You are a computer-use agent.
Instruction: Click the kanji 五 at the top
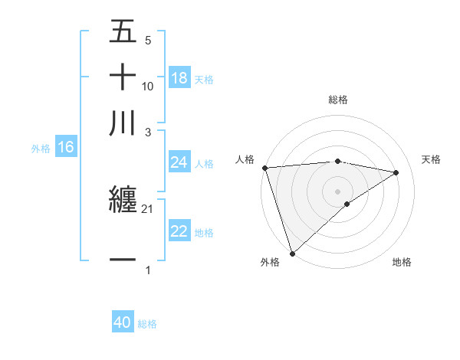pos(123,31)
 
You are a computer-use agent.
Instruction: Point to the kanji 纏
pos(123,201)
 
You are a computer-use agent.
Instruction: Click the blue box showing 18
pos(179,78)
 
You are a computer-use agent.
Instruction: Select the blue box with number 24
pos(179,162)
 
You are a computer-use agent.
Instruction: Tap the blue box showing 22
pos(179,232)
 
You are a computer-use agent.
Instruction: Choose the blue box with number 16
pos(66,148)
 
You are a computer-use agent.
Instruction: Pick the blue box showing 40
pos(123,322)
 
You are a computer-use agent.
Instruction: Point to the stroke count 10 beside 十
pos(148,86)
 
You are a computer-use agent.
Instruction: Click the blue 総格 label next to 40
pos(147,324)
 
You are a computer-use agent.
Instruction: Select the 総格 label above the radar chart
pos(338,100)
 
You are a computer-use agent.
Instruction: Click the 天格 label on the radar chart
pos(431,159)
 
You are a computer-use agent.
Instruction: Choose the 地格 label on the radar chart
pos(402,262)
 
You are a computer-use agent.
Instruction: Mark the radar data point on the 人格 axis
pos(264,168)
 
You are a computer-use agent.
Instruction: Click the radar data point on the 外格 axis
pos(292,253)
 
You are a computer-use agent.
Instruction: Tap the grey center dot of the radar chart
pos(338,191)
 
